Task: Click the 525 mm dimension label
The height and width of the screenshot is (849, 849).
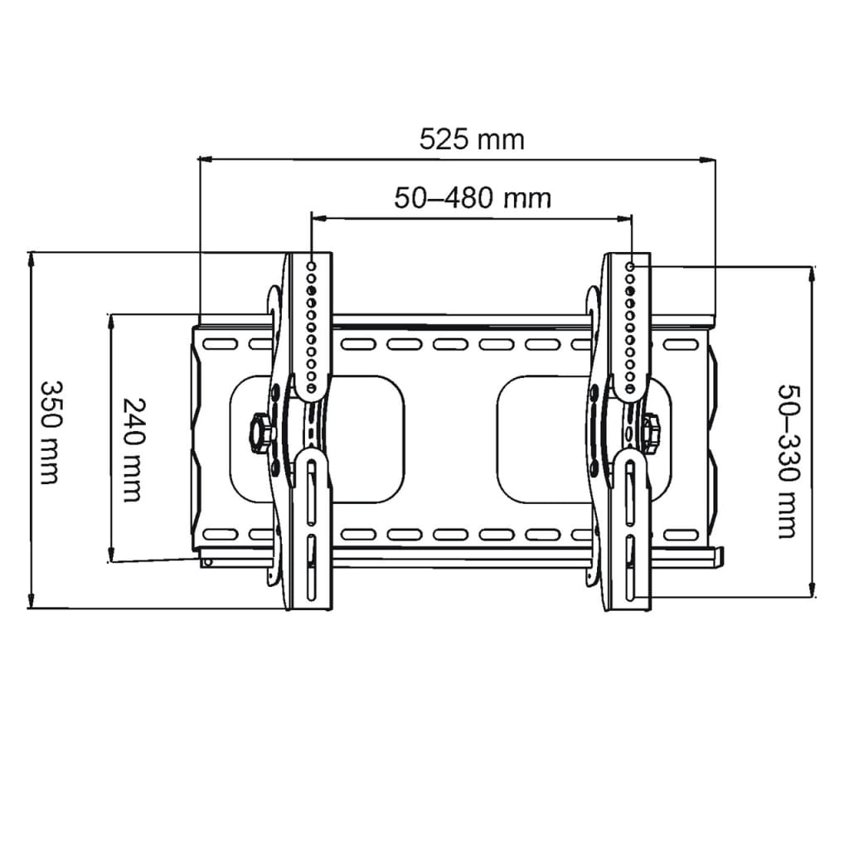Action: pyautogui.click(x=472, y=139)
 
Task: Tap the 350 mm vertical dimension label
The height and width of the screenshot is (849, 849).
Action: pyautogui.click(x=50, y=432)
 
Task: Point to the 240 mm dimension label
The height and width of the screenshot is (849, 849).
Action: pyautogui.click(x=133, y=449)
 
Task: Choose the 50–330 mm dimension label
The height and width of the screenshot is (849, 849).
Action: pyautogui.click(x=788, y=461)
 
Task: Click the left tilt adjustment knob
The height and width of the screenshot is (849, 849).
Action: pyautogui.click(x=260, y=431)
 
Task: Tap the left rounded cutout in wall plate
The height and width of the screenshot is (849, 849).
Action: pyautogui.click(x=318, y=438)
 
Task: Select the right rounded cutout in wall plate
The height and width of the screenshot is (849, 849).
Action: pyautogui.click(x=585, y=438)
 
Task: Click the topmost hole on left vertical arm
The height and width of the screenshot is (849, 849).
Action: pyautogui.click(x=312, y=266)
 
